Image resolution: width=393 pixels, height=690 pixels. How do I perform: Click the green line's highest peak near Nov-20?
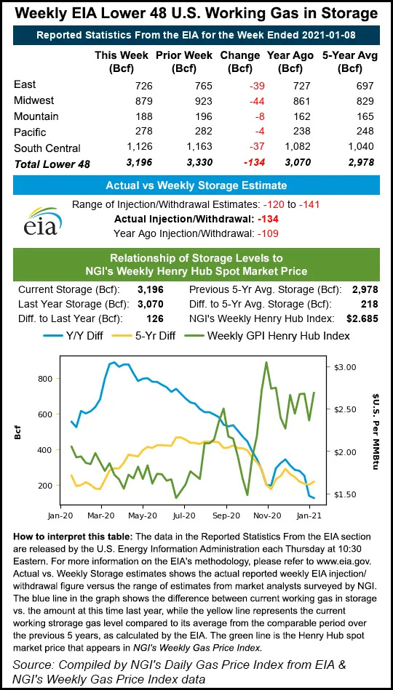click(266, 362)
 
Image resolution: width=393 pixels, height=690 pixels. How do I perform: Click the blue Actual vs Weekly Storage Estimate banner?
click(196, 185)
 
